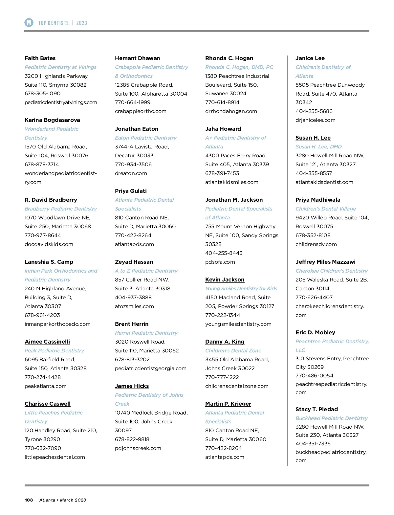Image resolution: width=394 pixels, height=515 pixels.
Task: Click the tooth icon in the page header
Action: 29,23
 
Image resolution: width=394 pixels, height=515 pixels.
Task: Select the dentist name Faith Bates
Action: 40,58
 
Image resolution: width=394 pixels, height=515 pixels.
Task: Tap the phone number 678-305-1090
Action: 42,94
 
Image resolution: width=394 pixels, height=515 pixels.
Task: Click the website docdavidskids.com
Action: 49,244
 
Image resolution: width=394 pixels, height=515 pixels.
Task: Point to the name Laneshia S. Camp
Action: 49,262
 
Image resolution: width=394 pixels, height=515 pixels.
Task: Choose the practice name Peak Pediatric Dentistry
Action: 54,350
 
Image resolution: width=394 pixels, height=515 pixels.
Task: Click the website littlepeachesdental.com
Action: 55,457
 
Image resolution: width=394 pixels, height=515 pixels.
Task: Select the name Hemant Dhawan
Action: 137,58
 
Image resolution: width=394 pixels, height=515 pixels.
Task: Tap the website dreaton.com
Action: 131,173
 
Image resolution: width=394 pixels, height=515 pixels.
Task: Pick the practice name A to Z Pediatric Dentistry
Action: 146,271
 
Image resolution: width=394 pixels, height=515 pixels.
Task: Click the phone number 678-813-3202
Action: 132,359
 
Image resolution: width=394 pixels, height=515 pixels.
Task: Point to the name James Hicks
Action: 132,386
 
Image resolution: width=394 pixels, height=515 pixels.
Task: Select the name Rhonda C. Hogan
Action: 229,58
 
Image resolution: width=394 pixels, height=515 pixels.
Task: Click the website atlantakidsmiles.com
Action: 231,182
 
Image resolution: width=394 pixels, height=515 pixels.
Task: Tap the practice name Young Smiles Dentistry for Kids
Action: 241,288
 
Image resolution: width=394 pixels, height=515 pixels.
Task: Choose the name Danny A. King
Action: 225,342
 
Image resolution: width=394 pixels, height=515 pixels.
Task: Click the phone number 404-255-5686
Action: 314,111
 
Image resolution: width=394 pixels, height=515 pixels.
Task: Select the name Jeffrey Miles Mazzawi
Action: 325,262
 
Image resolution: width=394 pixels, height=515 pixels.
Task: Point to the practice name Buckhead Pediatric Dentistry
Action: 331,418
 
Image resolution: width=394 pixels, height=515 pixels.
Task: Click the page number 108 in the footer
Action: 29,500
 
